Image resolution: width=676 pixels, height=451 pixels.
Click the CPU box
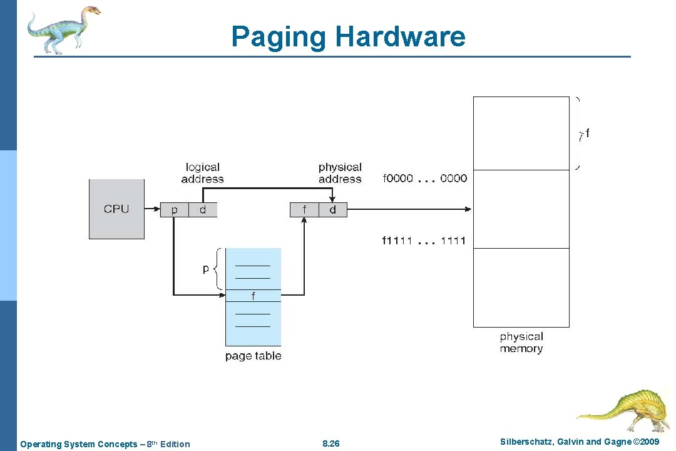point(116,209)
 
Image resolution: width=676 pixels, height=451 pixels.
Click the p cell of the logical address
point(174,210)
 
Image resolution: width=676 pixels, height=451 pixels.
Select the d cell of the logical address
point(203,210)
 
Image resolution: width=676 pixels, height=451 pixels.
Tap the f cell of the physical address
point(304,210)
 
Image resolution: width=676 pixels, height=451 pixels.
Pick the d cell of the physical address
point(332,210)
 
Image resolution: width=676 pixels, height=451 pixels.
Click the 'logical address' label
point(202,173)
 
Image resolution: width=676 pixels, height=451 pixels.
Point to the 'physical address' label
point(340,173)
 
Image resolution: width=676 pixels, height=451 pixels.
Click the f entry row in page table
point(253,295)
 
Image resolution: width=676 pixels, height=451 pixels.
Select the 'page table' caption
point(253,356)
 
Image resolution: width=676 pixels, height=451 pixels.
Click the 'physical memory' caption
point(521,343)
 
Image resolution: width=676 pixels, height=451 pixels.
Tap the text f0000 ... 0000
point(424,179)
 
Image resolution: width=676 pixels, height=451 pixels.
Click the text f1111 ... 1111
point(424,241)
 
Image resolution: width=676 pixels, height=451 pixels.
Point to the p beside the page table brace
point(206,268)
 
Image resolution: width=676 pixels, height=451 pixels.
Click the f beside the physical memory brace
point(586,133)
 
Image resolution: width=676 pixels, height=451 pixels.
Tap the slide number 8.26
point(330,444)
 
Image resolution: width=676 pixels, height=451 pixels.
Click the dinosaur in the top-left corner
point(63,29)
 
